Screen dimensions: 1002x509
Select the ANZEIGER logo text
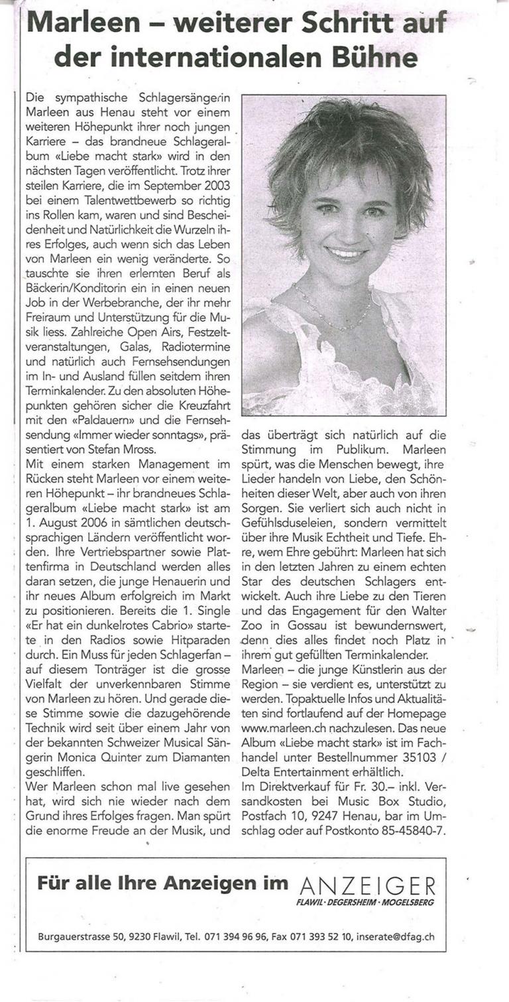click(368, 885)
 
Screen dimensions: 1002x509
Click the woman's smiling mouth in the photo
click(346, 253)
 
